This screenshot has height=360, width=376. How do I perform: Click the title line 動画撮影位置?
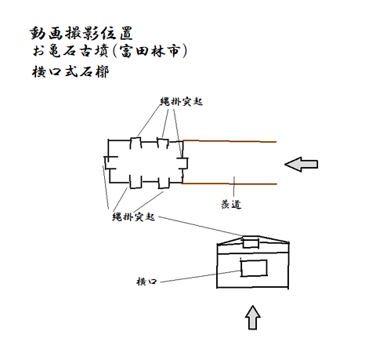[81, 33]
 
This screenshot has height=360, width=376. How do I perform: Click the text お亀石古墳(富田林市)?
[110, 51]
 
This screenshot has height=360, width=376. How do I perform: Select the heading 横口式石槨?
[70, 71]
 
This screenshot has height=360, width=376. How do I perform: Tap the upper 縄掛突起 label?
[182, 101]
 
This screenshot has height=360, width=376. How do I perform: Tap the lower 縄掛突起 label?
[133, 216]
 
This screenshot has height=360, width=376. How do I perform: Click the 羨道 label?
[231, 204]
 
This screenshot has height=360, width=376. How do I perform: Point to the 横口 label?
[146, 282]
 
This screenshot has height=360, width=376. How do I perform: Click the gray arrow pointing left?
[301, 164]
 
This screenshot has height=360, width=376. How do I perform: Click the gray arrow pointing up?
[252, 317]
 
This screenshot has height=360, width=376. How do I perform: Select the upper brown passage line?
[230, 141]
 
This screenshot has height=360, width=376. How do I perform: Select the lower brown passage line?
[229, 184]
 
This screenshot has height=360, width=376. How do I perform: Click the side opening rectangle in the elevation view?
[254, 268]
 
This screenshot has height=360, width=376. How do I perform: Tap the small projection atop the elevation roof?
[251, 242]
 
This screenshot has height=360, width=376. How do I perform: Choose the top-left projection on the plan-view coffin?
[136, 143]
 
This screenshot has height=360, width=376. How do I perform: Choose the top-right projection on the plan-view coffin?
[163, 143]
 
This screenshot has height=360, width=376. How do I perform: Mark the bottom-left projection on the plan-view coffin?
[136, 182]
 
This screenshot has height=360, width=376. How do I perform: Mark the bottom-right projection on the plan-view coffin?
[164, 183]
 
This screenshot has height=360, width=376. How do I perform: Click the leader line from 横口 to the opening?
[200, 276]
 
